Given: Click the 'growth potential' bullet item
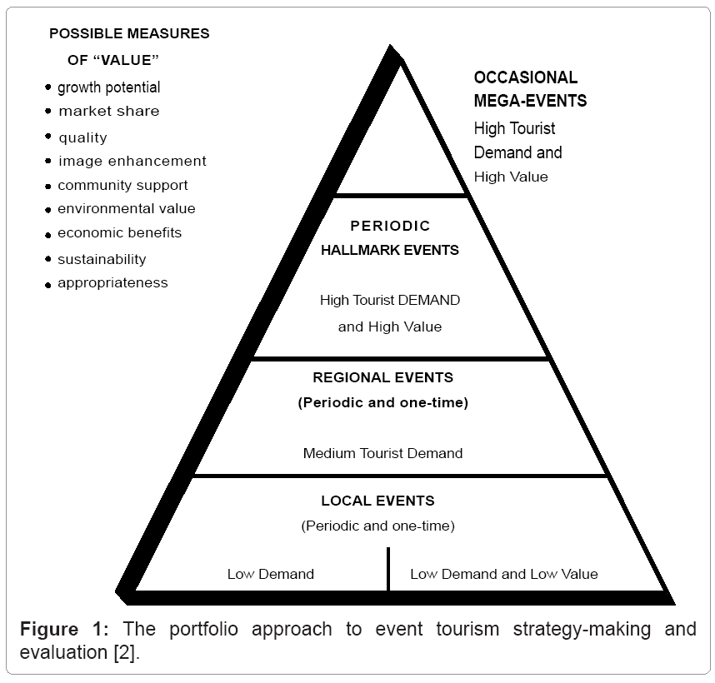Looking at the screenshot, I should (x=108, y=87).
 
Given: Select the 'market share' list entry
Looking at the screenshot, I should (x=108, y=111).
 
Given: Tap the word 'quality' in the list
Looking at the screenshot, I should (x=82, y=137).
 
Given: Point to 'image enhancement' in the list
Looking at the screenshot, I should (x=132, y=161).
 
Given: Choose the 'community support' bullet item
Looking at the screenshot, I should (x=122, y=185).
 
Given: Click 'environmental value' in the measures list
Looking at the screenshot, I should (x=127, y=208).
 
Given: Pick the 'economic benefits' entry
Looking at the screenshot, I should (x=119, y=232).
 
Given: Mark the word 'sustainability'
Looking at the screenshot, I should (x=102, y=259).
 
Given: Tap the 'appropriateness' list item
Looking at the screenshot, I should (x=112, y=282).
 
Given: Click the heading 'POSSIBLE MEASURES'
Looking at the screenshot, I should (x=129, y=34).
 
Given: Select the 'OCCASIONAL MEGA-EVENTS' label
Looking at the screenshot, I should (x=530, y=89).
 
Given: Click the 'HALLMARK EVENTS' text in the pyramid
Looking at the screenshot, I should (x=390, y=250).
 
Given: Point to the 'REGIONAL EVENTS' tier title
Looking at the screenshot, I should (x=382, y=377).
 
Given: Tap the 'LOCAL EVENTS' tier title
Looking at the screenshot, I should (x=377, y=501).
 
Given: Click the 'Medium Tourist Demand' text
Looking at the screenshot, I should (x=382, y=454).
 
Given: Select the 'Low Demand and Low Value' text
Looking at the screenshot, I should (x=503, y=574).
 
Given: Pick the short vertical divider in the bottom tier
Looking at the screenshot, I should (x=388, y=568).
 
